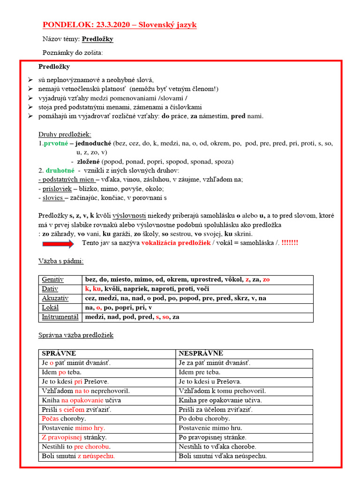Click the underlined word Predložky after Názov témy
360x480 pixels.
coord(97,39)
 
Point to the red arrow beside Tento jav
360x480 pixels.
coord(58,243)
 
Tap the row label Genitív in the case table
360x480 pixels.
coord(52,280)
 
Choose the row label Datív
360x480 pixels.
coord(50,289)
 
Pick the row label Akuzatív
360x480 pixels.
coord(55,298)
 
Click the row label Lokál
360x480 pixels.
coord(50,307)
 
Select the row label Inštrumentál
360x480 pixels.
coord(60,317)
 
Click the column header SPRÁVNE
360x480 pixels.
coord(59,353)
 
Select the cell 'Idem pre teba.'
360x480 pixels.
coord(199,372)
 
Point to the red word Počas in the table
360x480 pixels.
coord(51,419)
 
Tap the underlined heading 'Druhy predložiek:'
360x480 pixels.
coord(65,134)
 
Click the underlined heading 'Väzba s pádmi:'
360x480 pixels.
coord(61,261)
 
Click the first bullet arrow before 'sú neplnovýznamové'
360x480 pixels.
coord(30,80)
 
